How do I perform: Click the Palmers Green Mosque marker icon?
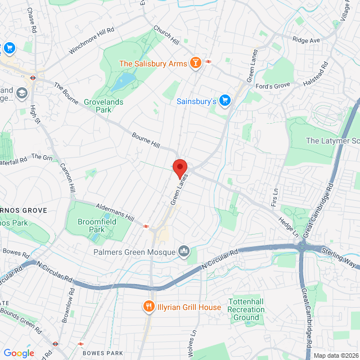coord(184,251)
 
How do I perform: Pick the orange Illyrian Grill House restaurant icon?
coord(149,307)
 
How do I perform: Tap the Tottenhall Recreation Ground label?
coord(246,310)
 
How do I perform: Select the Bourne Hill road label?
coord(146,141)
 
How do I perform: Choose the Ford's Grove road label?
coord(272,85)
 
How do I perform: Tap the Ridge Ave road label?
coord(306,40)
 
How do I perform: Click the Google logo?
coord(19,353)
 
